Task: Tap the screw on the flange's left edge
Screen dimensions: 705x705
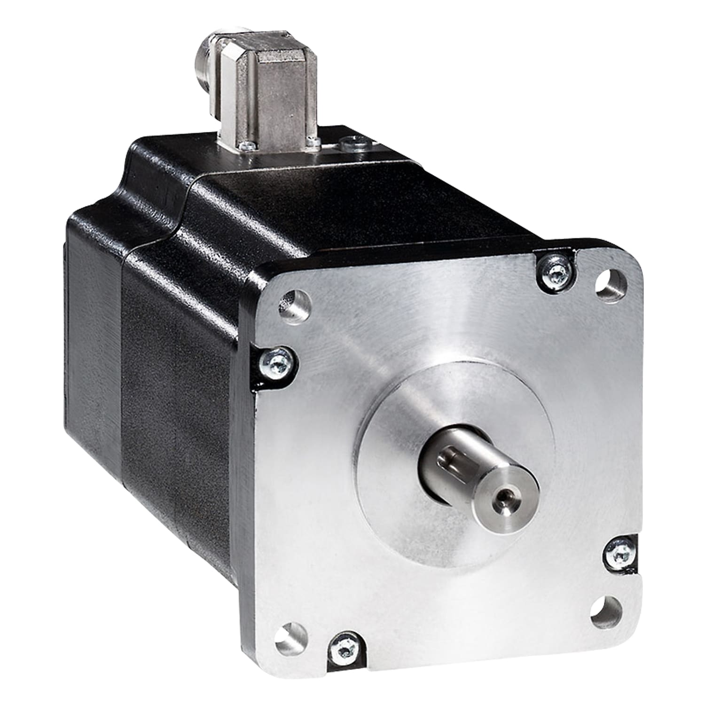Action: (x=274, y=360)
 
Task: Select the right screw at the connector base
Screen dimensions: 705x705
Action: (x=311, y=141)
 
